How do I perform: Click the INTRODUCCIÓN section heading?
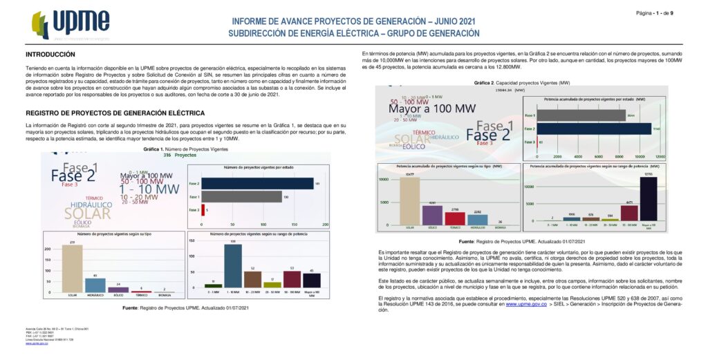tap(50, 54)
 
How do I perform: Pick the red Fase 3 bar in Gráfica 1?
tap(203, 209)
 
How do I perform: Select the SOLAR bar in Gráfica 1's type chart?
tap(72, 269)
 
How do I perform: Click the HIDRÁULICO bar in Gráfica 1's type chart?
tap(95, 285)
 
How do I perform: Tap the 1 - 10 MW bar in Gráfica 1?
tap(233, 266)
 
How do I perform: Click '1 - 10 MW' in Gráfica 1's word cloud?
tap(149, 189)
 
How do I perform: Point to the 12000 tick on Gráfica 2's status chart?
tap(660, 157)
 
